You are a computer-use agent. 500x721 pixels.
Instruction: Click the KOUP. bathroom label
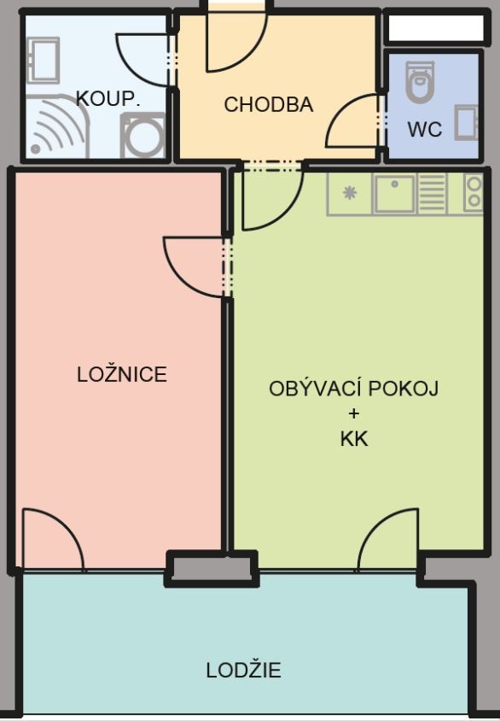[108, 98]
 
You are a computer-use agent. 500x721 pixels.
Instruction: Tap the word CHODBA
[268, 105]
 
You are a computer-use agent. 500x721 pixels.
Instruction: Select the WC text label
[424, 130]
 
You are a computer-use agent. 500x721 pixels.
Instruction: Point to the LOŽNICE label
[121, 374]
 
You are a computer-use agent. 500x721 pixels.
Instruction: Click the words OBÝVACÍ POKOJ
[353, 389]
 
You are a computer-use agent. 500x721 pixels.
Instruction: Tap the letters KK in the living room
[353, 439]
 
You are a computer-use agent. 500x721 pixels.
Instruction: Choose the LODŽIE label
[243, 671]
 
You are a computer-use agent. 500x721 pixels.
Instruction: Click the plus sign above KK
[353, 414]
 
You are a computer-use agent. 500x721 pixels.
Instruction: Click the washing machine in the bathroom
[142, 136]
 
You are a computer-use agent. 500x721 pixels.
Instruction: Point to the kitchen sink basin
[393, 193]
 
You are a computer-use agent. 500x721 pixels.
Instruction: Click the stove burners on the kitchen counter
[473, 193]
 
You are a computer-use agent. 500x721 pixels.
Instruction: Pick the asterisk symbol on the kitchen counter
[349, 193]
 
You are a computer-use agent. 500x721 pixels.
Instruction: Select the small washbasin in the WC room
[466, 121]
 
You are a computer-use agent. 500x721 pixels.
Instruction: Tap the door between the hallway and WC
[354, 121]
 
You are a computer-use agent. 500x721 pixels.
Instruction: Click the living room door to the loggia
[389, 540]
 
